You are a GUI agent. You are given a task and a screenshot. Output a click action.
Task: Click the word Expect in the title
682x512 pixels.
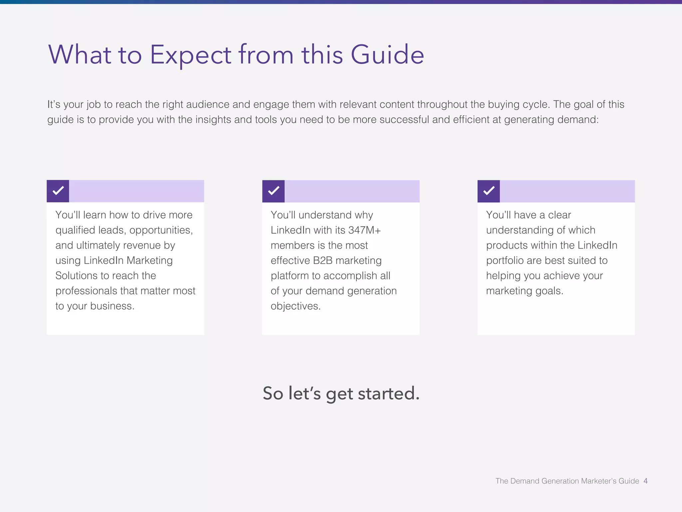click(190, 55)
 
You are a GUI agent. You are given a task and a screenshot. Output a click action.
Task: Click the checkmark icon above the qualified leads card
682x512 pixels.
click(58, 191)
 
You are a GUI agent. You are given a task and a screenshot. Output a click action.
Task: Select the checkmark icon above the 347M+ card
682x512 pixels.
click(273, 191)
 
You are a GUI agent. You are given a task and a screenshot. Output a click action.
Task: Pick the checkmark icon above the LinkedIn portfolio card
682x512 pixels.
click(489, 191)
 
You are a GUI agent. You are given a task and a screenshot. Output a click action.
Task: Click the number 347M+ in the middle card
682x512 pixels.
click(364, 230)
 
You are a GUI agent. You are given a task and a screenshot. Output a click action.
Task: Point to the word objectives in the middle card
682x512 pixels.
click(295, 306)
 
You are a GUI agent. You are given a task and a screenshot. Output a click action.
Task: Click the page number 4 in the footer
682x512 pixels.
click(645, 481)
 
